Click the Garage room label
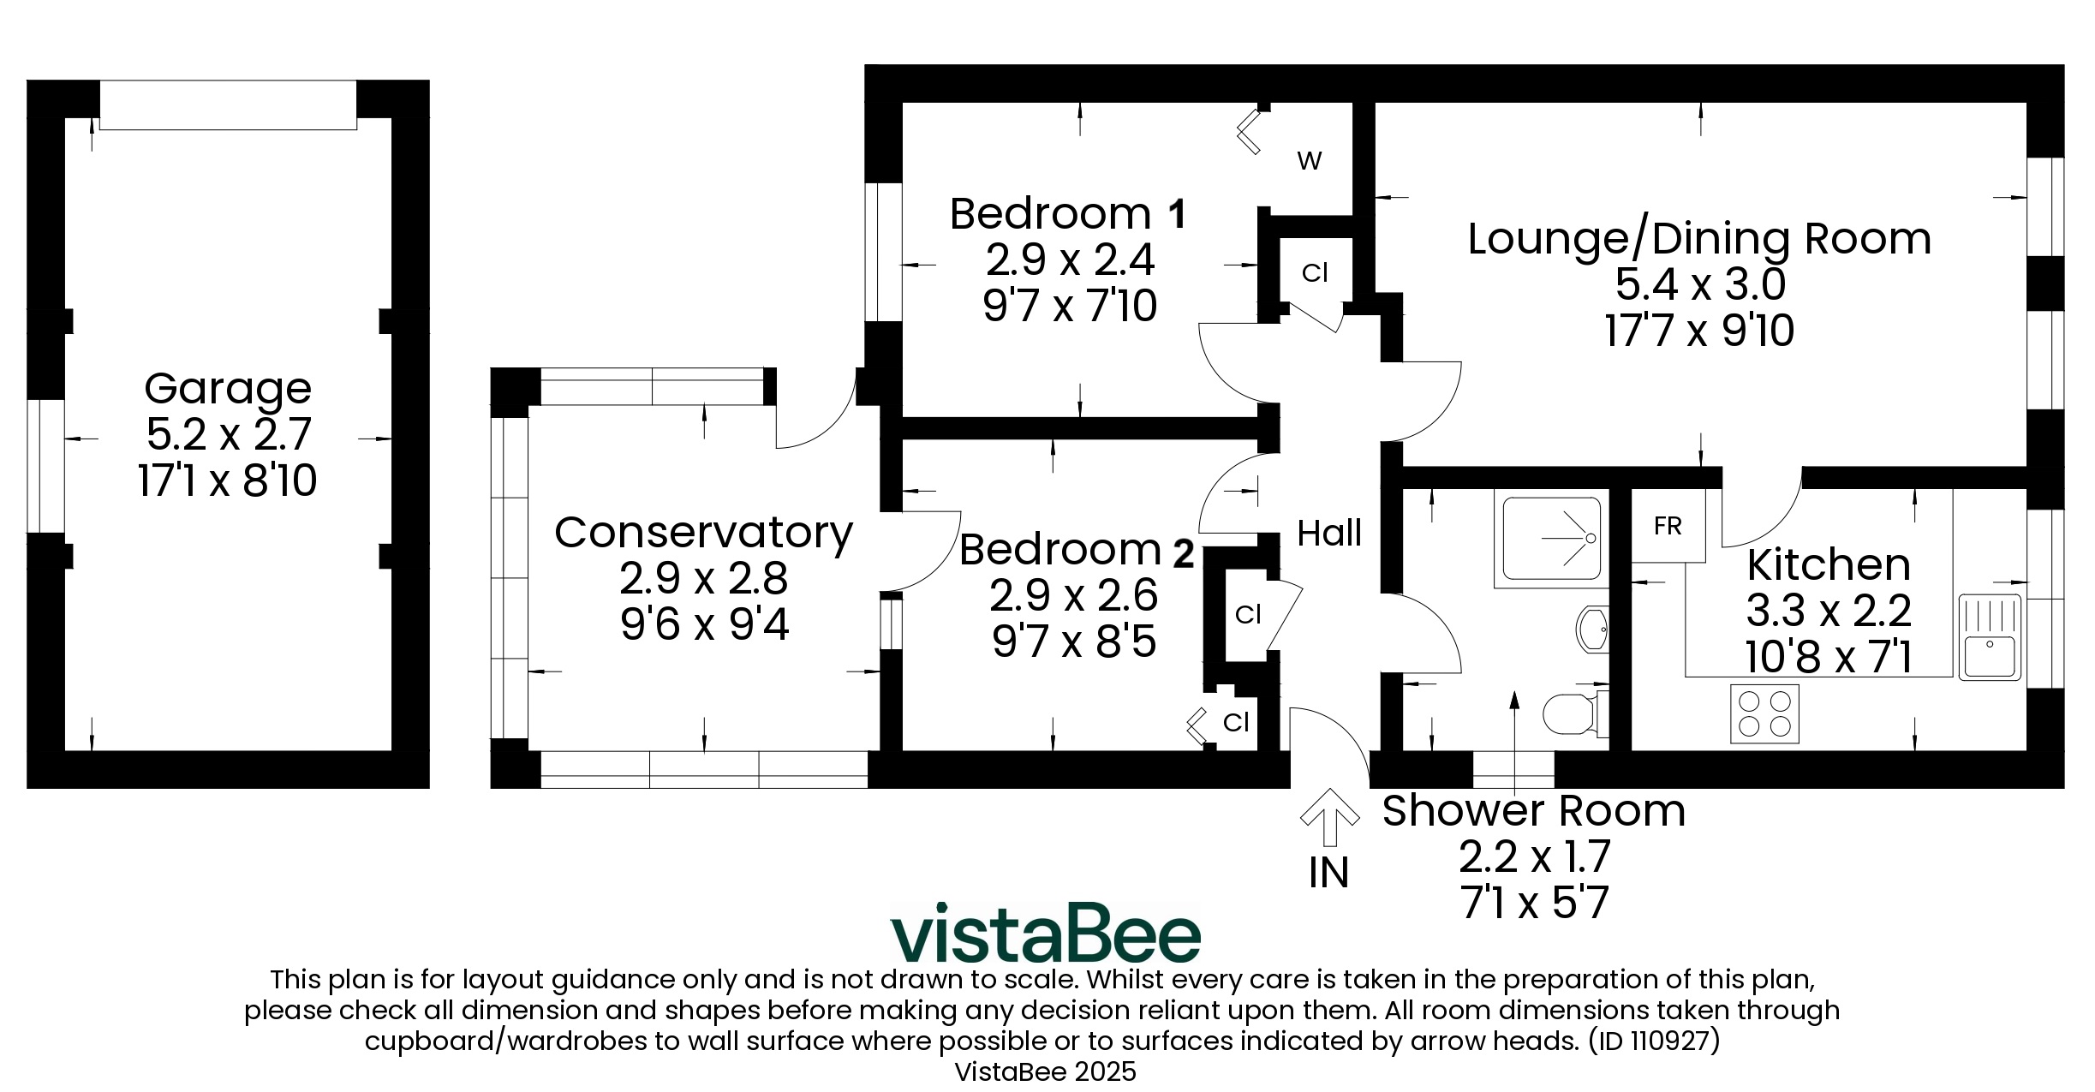(227, 390)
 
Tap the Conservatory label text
(703, 533)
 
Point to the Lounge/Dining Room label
(1699, 239)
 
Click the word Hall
(1329, 534)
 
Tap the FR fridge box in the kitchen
(1668, 525)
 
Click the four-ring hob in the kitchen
(1764, 714)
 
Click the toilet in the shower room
(1574, 713)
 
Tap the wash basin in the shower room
(1592, 629)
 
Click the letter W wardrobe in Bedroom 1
(1310, 161)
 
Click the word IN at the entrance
(1329, 873)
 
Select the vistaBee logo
(1046, 933)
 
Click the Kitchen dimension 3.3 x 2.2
(1829, 612)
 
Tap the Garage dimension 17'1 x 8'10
(227, 480)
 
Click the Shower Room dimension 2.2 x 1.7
(1534, 856)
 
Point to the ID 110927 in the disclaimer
(1653, 1041)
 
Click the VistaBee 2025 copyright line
(1046, 1071)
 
